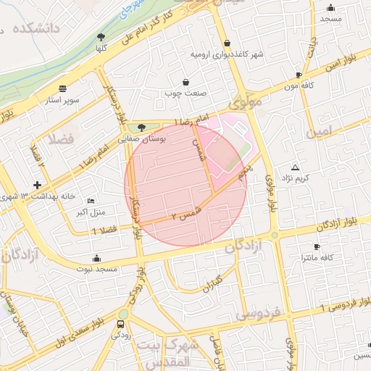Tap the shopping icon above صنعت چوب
(187, 82)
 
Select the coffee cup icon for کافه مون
(299, 75)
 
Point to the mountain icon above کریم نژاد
(295, 167)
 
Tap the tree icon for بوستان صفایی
(141, 127)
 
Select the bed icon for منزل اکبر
(90, 201)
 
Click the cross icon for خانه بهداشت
(37, 185)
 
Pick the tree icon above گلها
(101, 36)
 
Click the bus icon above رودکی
(122, 324)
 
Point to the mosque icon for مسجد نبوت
(96, 259)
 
